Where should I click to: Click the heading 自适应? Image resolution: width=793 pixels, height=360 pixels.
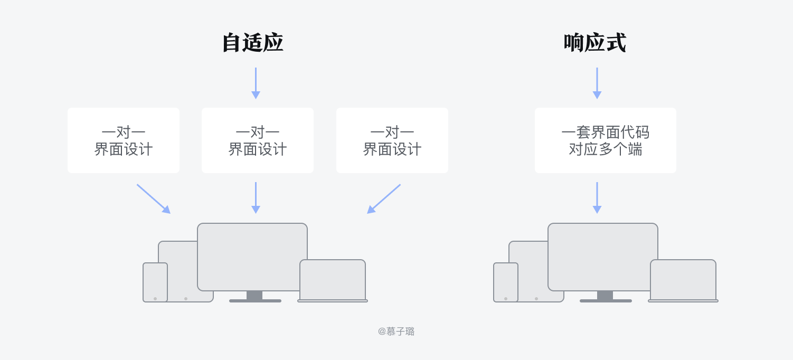(x=252, y=43)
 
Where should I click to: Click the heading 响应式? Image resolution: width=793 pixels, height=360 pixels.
(x=594, y=43)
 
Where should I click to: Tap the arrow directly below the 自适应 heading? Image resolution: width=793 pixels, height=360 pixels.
(x=256, y=83)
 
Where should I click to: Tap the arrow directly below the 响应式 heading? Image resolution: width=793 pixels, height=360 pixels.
(x=597, y=83)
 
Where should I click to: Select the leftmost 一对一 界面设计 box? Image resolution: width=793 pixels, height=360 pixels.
(x=124, y=140)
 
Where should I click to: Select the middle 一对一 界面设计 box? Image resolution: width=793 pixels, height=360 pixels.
(x=258, y=140)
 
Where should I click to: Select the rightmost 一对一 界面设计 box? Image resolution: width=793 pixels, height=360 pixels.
(x=392, y=140)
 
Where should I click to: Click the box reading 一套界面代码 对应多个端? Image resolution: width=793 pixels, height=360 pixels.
(x=605, y=140)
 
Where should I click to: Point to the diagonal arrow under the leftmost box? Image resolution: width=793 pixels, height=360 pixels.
(x=154, y=199)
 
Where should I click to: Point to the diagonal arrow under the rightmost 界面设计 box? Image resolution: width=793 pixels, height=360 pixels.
(x=384, y=199)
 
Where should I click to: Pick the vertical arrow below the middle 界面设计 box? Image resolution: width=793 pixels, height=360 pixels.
(x=256, y=198)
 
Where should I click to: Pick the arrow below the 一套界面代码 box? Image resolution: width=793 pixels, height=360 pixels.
(x=597, y=198)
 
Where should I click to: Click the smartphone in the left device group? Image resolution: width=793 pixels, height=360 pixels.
(x=155, y=282)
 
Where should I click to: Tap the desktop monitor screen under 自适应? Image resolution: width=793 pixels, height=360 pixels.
(x=252, y=257)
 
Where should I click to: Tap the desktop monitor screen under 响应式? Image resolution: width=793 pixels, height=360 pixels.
(x=603, y=257)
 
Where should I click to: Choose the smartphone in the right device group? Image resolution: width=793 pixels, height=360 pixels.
(x=506, y=282)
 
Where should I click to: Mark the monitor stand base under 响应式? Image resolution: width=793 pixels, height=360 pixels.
(x=606, y=301)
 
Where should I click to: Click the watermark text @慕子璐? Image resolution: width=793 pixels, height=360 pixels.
(x=397, y=331)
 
